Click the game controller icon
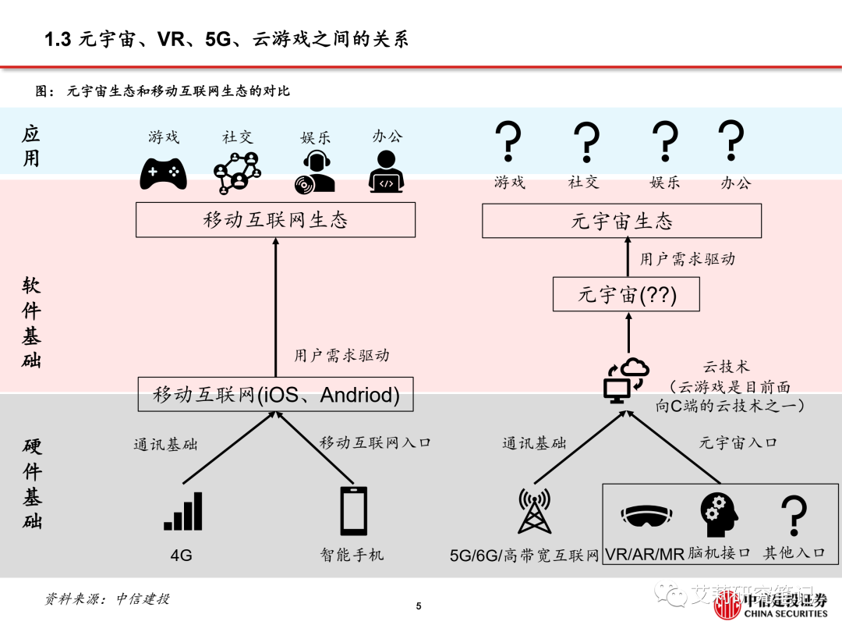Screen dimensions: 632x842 (x=163, y=173)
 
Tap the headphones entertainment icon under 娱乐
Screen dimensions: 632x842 (x=316, y=172)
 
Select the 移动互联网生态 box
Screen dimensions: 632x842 (x=275, y=220)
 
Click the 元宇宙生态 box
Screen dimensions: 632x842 (x=621, y=221)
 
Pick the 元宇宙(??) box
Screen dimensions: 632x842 (x=626, y=296)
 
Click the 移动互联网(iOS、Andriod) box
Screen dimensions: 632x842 (x=275, y=395)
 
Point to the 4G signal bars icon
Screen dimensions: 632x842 (x=183, y=512)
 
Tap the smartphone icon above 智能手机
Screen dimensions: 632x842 (x=353, y=512)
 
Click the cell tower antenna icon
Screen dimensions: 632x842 (x=534, y=513)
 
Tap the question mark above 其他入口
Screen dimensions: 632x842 (x=794, y=514)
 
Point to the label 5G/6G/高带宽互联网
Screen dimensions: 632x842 (x=524, y=555)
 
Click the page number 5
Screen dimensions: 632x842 (x=419, y=607)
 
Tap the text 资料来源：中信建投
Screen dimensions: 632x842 (x=106, y=599)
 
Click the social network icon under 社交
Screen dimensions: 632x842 (x=237, y=172)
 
